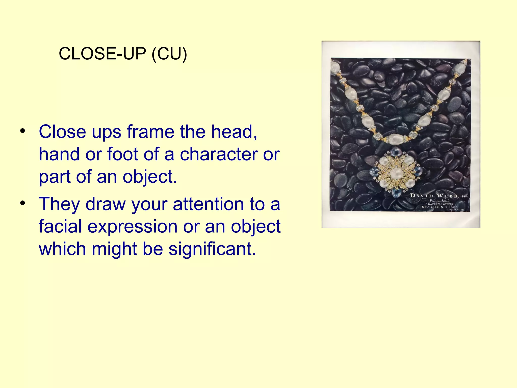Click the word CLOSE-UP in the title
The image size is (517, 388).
tap(102, 54)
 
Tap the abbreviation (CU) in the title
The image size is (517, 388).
tap(169, 54)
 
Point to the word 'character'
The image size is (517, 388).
tap(218, 155)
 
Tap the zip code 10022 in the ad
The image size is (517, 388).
tap(452, 207)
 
